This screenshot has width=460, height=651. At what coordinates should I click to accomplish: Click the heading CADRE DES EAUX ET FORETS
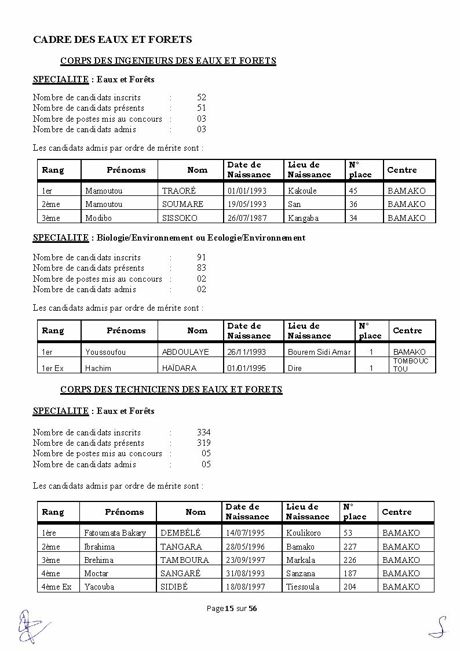[112, 39]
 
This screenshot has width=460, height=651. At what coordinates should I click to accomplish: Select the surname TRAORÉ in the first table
[179, 191]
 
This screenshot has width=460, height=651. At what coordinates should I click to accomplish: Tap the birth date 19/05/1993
[247, 204]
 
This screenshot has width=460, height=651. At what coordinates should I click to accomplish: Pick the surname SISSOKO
[180, 218]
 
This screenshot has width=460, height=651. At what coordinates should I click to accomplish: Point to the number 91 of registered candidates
[202, 257]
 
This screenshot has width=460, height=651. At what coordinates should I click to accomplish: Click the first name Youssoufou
[105, 352]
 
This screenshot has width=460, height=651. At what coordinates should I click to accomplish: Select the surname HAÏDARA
[179, 368]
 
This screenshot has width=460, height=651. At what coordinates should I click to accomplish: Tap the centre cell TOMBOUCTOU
[410, 365]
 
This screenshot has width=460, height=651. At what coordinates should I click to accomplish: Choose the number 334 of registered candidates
[204, 432]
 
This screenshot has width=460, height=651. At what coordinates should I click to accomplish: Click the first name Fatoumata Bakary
[115, 533]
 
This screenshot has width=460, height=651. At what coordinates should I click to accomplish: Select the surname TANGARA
[181, 547]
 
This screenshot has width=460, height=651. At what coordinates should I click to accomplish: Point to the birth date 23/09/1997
[245, 560]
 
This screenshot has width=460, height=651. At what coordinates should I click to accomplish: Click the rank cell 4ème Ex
[57, 587]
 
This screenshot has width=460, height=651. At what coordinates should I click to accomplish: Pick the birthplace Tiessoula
[302, 587]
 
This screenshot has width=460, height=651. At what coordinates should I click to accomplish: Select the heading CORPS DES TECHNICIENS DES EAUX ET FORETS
[171, 390]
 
